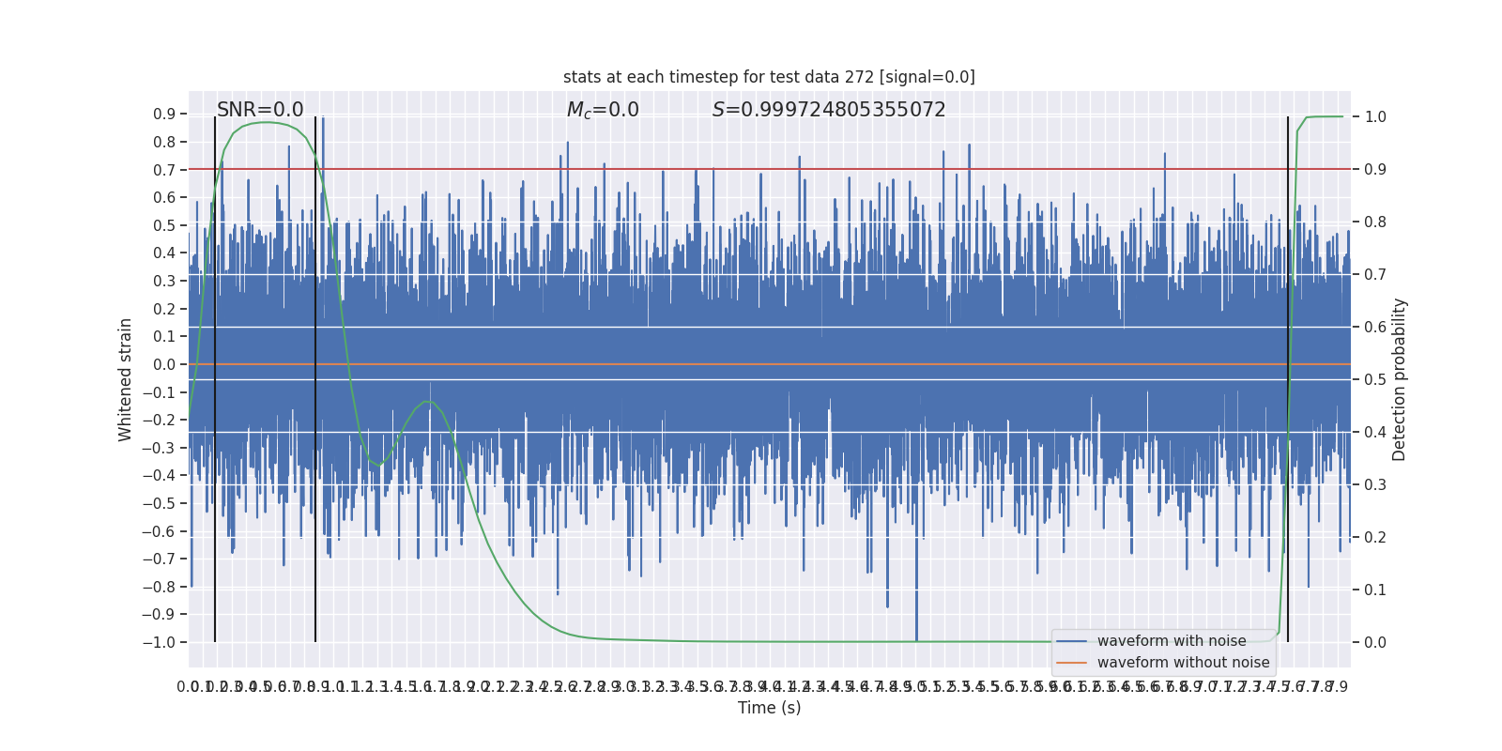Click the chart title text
coord(769,77)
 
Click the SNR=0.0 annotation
coord(260,110)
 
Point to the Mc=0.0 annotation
coord(603,110)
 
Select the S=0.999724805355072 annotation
coord(829,110)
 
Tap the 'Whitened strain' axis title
coord(126,379)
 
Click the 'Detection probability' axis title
coord(1400,379)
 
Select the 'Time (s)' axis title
coord(769,708)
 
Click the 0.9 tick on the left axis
coord(164,115)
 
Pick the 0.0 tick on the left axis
coord(164,364)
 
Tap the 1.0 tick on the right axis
coord(1375,116)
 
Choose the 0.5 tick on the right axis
coord(1375,379)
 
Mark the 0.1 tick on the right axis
coord(1375,590)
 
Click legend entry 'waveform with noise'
coord(1172,641)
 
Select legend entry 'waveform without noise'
coord(1183,663)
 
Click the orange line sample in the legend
coord(1071,663)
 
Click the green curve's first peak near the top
coord(268,122)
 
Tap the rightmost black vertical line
coord(1288,375)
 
